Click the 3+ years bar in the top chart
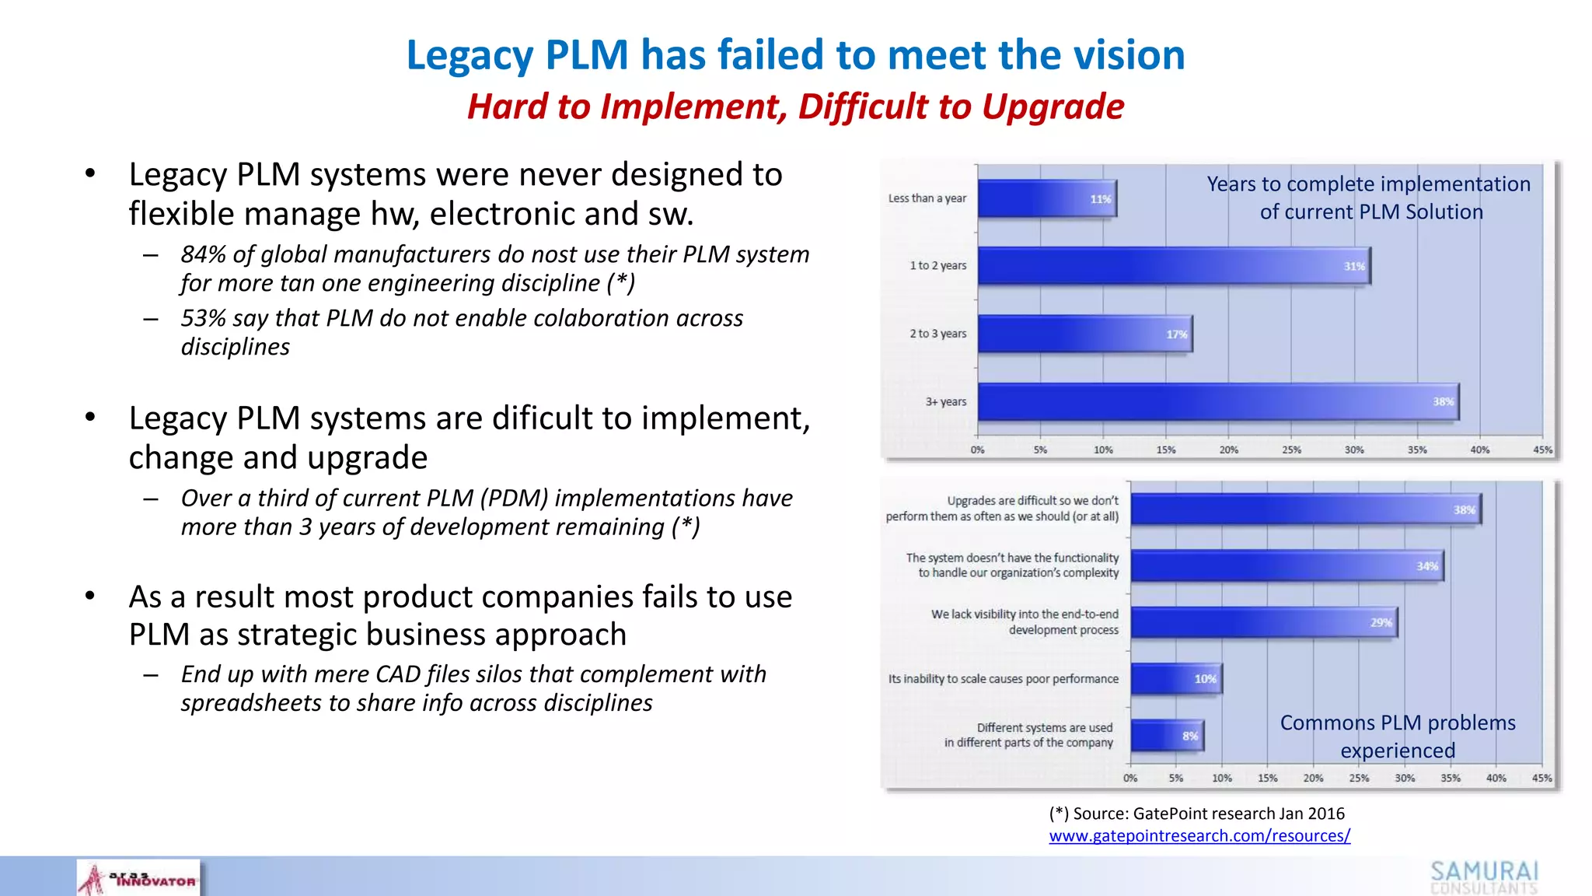point(1217,402)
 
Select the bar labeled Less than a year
point(1046,198)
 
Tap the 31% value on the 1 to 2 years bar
point(1354,266)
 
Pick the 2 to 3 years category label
point(937,334)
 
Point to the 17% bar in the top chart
point(1084,334)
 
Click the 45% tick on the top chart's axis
point(1542,450)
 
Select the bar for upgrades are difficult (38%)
point(1306,509)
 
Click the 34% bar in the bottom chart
point(1287,565)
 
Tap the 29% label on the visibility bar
point(1381,622)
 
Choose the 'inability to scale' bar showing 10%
point(1175,679)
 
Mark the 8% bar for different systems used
point(1166,735)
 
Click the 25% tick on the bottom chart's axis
point(1359,778)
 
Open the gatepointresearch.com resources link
point(1199,836)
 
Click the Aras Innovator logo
point(138,879)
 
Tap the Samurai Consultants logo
point(1484,877)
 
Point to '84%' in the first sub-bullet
point(204,254)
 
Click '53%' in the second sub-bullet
point(204,318)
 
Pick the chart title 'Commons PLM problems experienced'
point(1397,737)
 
